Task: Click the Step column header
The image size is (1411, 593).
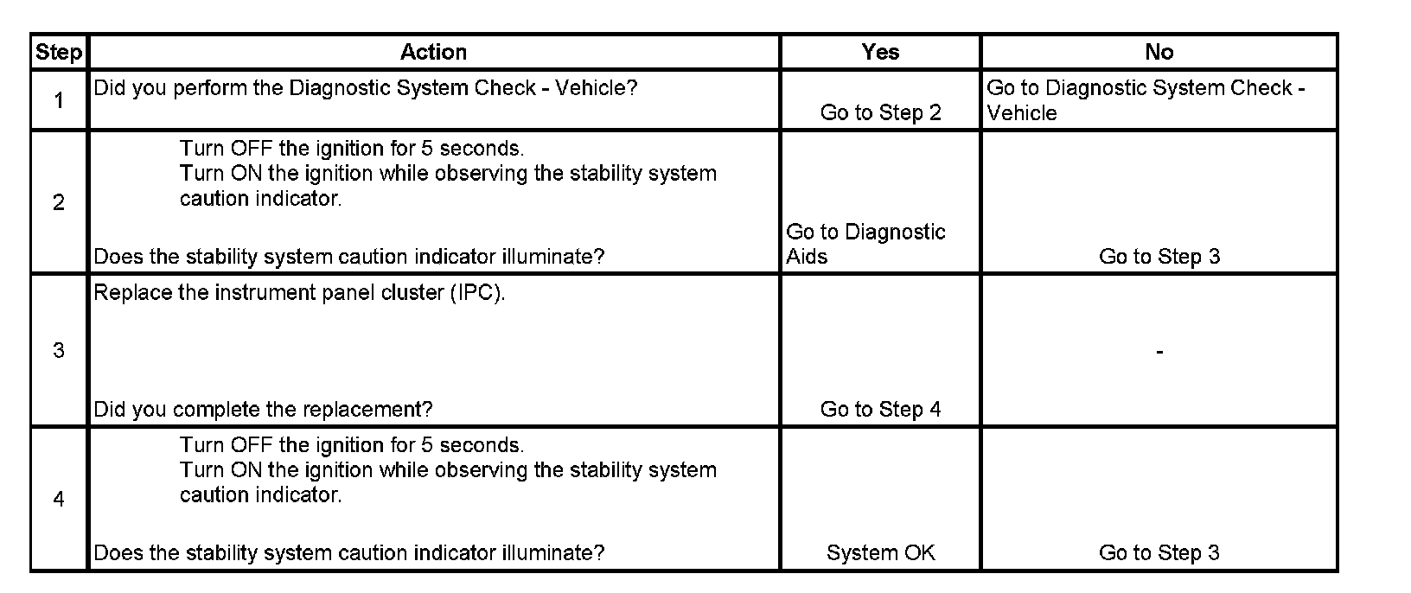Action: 58,52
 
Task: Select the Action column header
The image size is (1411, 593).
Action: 433,52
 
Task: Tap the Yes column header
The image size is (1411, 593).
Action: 880,52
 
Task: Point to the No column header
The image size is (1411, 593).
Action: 1159,52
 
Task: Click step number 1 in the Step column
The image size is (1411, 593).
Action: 59,100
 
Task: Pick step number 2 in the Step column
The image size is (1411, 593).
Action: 59,202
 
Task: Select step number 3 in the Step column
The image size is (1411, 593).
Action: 59,350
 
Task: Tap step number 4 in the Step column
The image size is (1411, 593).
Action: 59,499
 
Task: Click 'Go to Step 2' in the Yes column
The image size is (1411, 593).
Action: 880,112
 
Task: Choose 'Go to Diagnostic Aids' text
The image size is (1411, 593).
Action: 865,244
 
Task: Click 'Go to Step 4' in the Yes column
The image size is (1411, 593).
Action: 880,409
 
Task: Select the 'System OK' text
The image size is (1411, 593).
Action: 880,552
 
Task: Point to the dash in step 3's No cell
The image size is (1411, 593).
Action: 1159,351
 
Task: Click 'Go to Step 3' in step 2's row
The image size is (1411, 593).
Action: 1159,256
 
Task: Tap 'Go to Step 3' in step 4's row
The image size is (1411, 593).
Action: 1159,552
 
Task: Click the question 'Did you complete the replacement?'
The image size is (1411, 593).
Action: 263,409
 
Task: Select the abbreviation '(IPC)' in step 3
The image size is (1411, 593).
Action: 476,292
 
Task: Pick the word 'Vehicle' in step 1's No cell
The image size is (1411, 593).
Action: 1022,112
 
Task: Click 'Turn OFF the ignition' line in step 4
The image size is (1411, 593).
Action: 351,445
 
